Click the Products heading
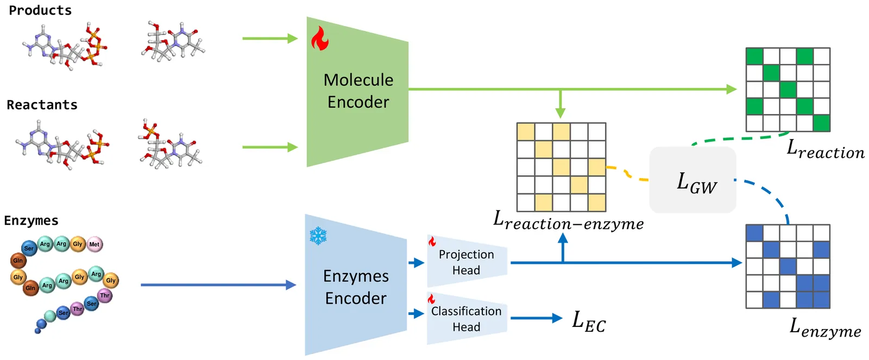[40, 10]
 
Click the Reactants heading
[42, 105]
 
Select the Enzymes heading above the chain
[31, 220]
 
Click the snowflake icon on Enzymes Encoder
[318, 236]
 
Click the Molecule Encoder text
[358, 91]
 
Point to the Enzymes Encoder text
[356, 287]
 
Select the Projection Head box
[467, 262]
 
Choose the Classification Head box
[467, 319]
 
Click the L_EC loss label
[589, 321]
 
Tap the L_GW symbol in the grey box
[696, 182]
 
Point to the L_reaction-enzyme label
[568, 220]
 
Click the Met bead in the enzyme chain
[95, 244]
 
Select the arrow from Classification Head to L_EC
[536, 318]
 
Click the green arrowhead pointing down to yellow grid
[561, 113]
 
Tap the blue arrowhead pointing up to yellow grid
[563, 239]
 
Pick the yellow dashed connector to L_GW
[627, 173]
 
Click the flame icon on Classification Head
[431, 299]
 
